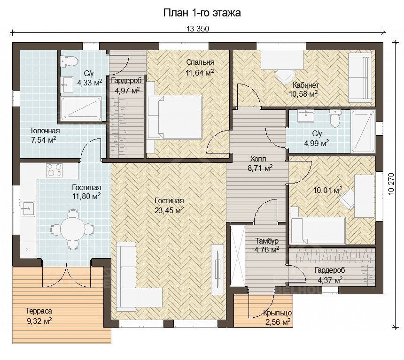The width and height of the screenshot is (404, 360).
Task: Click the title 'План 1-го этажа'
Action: tap(202, 13)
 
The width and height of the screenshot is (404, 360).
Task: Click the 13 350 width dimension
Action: tap(198, 29)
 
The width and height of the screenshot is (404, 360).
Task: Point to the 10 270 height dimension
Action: tap(391, 184)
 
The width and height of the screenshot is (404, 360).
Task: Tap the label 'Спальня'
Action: tap(200, 62)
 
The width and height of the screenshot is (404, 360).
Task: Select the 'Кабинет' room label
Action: tap(306, 85)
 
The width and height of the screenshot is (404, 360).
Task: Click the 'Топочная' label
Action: tap(45, 131)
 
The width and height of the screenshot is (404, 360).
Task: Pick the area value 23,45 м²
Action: tap(169, 210)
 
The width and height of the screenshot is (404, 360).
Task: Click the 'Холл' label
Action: tap(258, 159)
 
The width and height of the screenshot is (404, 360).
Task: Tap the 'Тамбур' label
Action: tap(267, 241)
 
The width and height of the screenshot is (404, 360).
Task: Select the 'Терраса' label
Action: tap(39, 311)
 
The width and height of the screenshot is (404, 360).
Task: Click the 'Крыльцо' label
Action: tap(278, 313)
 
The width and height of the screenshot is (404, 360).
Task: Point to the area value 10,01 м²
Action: tap(328, 190)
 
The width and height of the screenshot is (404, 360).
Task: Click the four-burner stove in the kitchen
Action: tap(54, 170)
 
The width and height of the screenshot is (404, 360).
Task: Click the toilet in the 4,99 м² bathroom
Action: tap(335, 118)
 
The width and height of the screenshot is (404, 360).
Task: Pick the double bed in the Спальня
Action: tap(174, 117)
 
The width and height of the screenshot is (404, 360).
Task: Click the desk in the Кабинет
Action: tap(282, 60)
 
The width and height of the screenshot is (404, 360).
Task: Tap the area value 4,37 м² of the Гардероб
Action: tap(331, 280)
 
